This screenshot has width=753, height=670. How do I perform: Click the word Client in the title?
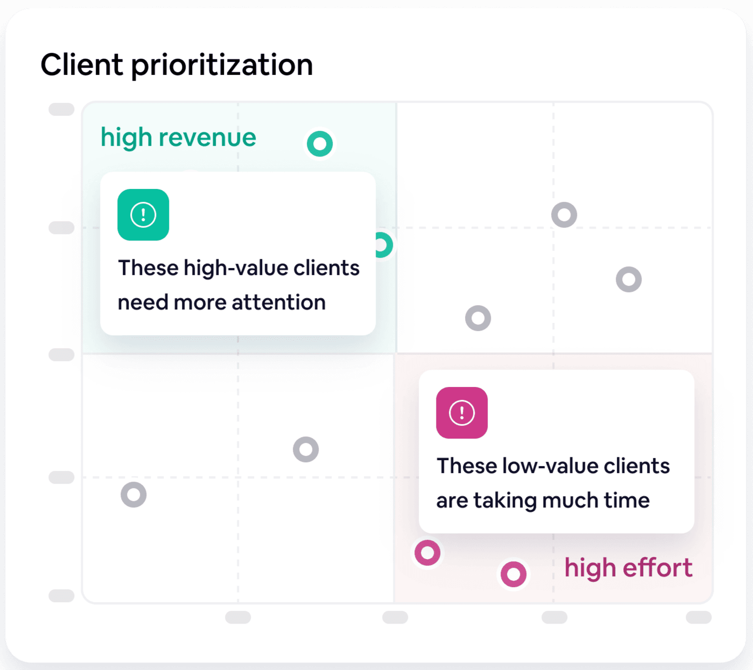82,65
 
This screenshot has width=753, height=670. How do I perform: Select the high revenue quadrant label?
178,138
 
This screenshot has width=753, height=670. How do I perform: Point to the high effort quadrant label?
628,568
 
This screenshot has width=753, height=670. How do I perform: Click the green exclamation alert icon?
143,215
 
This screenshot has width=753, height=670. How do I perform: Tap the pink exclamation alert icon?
462,413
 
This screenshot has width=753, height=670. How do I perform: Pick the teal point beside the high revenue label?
320,144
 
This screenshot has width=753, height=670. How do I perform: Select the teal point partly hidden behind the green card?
383,245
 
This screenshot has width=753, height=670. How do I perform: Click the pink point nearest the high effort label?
513,574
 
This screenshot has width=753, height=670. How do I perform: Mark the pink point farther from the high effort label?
427,553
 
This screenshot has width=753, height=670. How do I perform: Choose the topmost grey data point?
564,215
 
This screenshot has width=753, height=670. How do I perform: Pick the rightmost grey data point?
629,279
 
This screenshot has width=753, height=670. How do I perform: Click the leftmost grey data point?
133,495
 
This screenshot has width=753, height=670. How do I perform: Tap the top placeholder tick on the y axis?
61,109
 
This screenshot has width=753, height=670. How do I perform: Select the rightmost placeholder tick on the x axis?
699,617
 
